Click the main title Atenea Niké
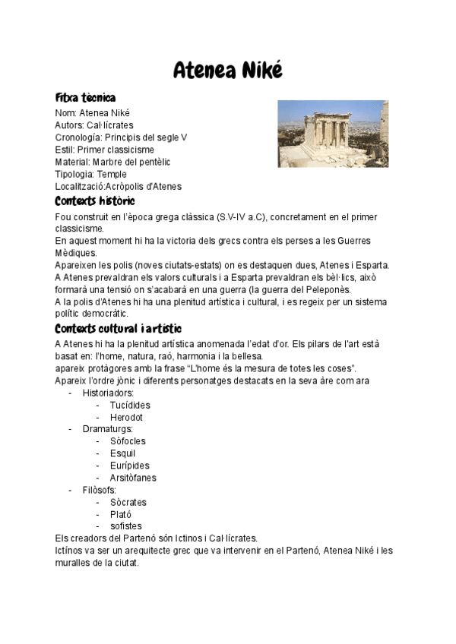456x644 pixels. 228,71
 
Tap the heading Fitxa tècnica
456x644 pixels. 85,98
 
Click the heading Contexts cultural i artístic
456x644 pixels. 118,328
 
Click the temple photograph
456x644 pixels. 332,134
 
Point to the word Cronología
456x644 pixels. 78,137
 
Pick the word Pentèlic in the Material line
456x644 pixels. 154,162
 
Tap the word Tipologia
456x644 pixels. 74,174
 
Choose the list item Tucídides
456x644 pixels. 130,405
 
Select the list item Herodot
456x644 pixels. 126,417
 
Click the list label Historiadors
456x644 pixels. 108,393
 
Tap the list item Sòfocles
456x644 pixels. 128,441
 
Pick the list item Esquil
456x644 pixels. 122,453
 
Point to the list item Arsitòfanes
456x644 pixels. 133,478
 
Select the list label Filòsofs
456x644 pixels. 100,490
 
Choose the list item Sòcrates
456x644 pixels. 128,502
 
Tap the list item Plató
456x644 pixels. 120,514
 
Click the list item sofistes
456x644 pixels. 125,526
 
